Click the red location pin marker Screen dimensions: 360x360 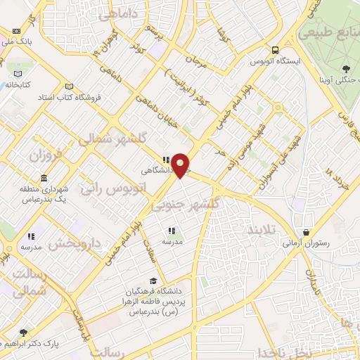click(x=181, y=165)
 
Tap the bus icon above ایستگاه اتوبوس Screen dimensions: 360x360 click(x=275, y=50)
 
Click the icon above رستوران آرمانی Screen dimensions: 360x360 click(x=307, y=233)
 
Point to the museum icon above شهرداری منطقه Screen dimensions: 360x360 click(x=44, y=177)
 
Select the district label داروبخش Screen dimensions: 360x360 click(x=80, y=243)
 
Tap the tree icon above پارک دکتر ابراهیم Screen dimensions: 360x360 click(x=23, y=333)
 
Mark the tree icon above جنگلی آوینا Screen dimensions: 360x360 click(x=345, y=68)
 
